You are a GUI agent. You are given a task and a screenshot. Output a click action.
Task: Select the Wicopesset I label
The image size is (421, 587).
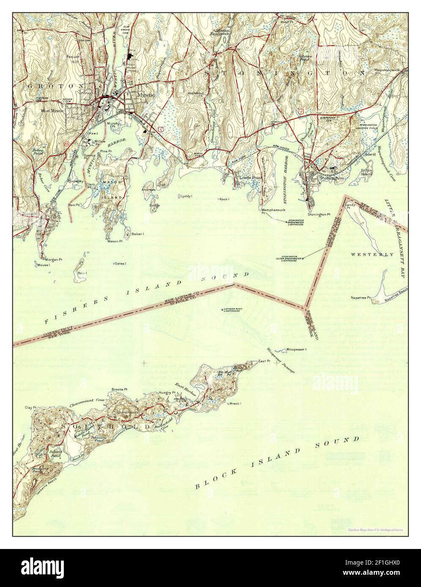tap(296, 349)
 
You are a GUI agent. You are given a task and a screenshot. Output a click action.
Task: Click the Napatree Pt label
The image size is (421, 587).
tap(360, 298)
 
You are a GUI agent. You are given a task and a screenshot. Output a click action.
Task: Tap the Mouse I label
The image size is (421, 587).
tap(43, 265)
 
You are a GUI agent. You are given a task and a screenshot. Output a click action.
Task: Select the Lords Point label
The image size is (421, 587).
tap(251, 178)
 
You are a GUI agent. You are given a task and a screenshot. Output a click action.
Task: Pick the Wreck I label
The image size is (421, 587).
tap(235, 403)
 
